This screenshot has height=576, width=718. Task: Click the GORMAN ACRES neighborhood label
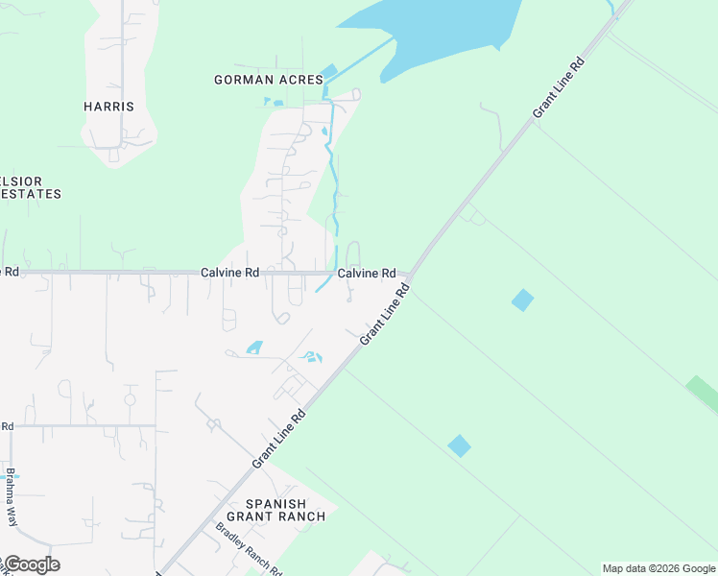tap(268, 80)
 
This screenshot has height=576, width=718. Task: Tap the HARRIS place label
tap(108, 107)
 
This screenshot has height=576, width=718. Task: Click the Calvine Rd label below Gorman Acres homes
tap(230, 273)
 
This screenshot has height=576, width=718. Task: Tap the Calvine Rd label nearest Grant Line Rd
tap(367, 273)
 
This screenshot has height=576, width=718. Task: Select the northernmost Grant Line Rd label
tap(558, 88)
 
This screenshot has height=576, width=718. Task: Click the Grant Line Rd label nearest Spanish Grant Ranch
tap(278, 440)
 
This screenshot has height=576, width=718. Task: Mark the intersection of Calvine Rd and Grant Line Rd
tap(413, 274)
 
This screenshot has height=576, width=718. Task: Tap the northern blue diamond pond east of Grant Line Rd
tap(522, 300)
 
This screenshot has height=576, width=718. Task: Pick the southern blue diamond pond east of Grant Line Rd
tap(460, 445)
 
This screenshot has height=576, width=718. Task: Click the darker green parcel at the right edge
tap(702, 394)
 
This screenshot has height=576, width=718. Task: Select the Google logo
tap(31, 564)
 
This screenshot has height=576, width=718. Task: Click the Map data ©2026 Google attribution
tap(658, 568)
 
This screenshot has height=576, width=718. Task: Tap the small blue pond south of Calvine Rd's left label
tap(254, 348)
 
